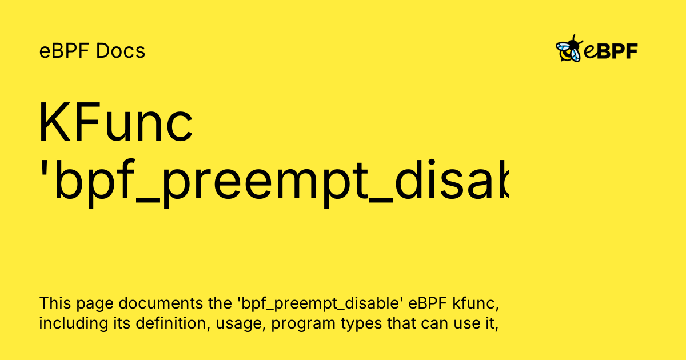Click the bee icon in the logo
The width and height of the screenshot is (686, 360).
[x=569, y=50]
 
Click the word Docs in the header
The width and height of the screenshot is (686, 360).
[x=121, y=51]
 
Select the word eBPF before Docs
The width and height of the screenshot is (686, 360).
[x=65, y=51]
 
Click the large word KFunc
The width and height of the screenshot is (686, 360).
[x=116, y=123]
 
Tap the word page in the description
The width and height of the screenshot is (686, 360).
[x=93, y=303]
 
